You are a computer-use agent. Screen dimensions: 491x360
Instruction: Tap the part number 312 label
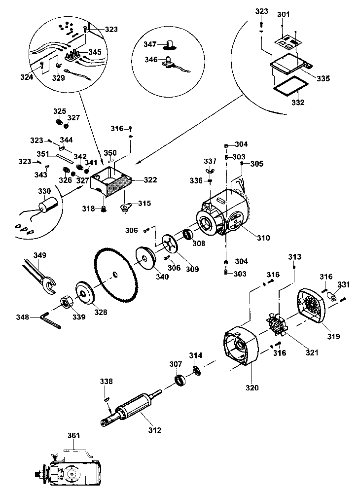154,430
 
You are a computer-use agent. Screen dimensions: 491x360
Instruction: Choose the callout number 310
263,238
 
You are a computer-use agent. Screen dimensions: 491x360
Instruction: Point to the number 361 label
73,436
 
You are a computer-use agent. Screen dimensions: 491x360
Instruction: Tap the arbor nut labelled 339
66,302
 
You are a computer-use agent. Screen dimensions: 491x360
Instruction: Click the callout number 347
150,44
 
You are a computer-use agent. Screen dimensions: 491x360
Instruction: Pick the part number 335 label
323,78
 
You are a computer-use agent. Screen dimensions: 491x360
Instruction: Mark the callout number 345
95,51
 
